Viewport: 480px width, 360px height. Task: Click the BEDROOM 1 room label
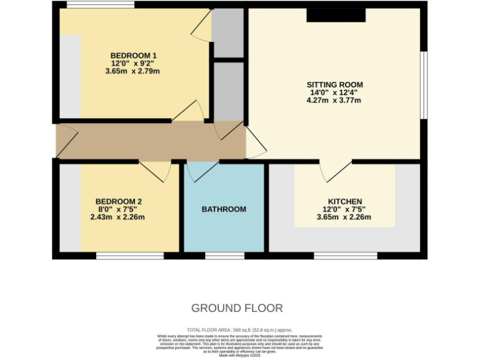[133, 54]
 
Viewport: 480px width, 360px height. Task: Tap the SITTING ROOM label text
[334, 84]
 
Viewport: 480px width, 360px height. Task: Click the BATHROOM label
[224, 209]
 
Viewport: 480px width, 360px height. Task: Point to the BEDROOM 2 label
[119, 201]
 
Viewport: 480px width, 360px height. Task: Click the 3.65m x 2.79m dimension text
[133, 71]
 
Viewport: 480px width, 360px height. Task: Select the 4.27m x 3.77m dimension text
[334, 100]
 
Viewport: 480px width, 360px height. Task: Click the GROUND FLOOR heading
[237, 308]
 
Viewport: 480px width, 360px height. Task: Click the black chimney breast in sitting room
[336, 15]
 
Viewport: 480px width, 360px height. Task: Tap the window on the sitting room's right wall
[423, 84]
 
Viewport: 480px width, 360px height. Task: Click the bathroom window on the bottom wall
[224, 256]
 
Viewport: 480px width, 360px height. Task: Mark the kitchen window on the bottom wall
[345, 256]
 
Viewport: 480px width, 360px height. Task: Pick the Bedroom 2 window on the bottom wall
[129, 256]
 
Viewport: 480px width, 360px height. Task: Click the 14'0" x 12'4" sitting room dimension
[334, 92]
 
